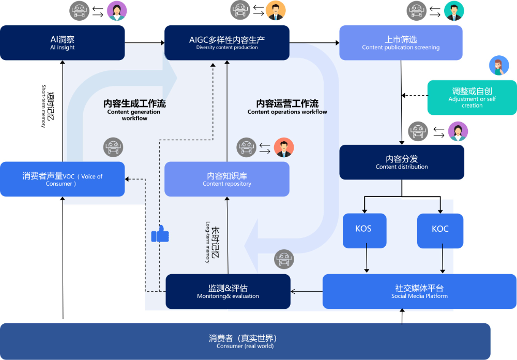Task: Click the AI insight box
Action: coord(62,42)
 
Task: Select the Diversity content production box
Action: coord(226,42)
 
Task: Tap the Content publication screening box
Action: coord(401,42)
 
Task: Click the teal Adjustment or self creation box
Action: coord(472,97)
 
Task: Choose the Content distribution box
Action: coord(402,162)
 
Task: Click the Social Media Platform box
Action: coord(419,291)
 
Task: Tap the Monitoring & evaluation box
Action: coord(227,291)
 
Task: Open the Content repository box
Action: coord(226,179)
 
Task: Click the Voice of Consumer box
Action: coord(62,179)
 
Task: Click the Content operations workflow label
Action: coord(287,107)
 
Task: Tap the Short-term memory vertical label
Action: coord(48,106)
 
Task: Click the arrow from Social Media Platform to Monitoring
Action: coord(307,292)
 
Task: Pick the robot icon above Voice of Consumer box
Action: coord(113,148)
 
